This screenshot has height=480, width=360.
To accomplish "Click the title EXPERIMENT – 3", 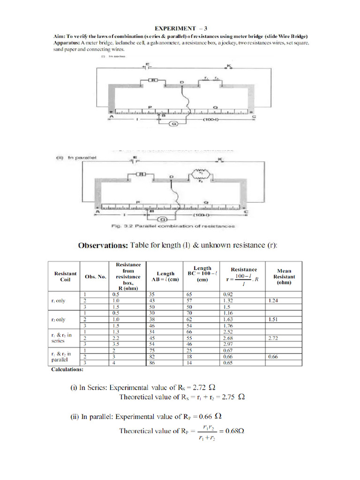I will pyautogui.click(x=180, y=29).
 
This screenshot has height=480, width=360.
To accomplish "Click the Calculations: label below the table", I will pyautogui.click(x=67, y=369).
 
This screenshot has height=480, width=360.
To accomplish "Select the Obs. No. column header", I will pyautogui.click(x=95, y=277).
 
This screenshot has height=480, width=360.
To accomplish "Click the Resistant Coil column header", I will pyautogui.click(x=66, y=277).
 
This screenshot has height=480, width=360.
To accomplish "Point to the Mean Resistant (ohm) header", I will pyautogui.click(x=284, y=277).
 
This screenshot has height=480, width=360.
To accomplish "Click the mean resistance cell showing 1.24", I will pyautogui.click(x=274, y=300).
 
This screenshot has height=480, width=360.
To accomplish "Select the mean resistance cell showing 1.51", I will pyautogui.click(x=274, y=319).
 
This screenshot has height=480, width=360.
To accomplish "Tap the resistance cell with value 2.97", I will pyautogui.click(x=228, y=345).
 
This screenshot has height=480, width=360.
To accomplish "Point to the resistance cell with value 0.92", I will pyautogui.click(x=228, y=294).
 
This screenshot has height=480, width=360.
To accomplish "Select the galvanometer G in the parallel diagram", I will pyautogui.click(x=163, y=218).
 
